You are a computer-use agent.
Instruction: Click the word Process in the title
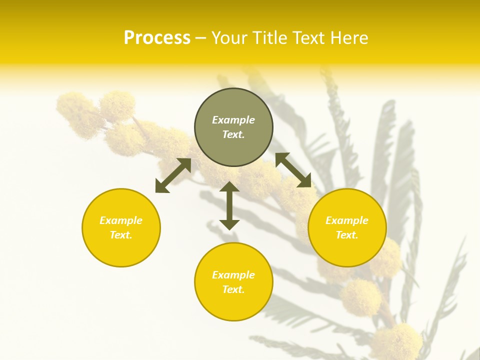point(157,38)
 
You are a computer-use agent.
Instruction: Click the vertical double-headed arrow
point(229,205)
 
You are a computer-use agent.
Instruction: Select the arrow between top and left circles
point(173,175)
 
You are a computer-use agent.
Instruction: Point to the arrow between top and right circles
point(293,170)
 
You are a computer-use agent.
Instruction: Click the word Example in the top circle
point(233,120)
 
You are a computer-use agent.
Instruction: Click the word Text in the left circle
point(120,235)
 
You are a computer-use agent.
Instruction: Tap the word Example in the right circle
point(347,220)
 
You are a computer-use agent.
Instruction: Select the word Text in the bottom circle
point(233,289)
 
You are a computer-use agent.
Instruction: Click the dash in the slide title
point(200,38)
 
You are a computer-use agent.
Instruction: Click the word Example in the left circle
point(121,220)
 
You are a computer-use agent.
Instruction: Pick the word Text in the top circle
point(233,134)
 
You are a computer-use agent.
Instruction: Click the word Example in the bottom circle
point(233,275)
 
